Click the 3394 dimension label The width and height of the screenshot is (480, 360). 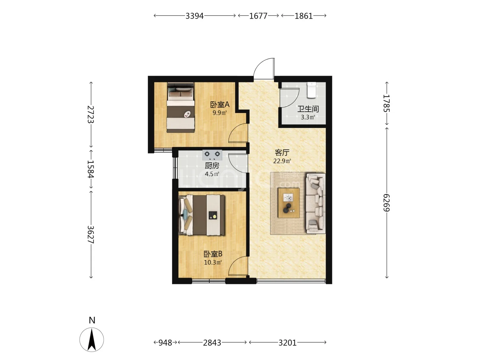194,16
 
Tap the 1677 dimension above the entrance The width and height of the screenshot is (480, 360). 258,16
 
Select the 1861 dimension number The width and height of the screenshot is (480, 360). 304,16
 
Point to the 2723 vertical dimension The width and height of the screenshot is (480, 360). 91,115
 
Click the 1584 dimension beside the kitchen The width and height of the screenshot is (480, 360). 91,169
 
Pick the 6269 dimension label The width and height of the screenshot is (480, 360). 386,203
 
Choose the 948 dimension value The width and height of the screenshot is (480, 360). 165,343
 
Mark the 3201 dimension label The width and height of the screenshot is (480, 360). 287,343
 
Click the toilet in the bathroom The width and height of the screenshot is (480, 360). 311,90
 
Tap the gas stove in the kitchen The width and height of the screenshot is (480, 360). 212,155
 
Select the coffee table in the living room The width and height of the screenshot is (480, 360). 289,203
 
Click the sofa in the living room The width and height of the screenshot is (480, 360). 315,203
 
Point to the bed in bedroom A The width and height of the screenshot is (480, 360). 181,108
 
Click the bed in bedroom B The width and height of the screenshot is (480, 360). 202,215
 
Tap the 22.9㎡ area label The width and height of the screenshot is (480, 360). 282,161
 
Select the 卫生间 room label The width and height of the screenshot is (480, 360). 308,109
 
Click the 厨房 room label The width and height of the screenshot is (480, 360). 212,166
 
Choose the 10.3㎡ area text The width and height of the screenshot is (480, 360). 213,262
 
